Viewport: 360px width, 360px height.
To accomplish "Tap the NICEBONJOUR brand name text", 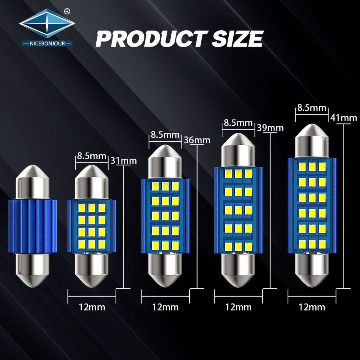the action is (x=47, y=43).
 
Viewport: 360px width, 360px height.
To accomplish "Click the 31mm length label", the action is (x=123, y=161).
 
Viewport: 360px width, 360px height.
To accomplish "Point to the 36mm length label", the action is (x=197, y=140).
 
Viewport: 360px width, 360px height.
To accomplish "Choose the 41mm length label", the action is (x=343, y=118).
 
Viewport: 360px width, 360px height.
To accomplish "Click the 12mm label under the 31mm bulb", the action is (x=92, y=307).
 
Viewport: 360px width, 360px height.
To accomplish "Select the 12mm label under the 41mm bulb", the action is (x=312, y=307).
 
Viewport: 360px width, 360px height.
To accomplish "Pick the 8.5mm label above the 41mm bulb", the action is (x=312, y=108).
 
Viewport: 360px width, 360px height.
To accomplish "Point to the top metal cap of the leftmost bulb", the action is (x=33, y=182).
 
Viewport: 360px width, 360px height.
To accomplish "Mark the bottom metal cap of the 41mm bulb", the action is (x=312, y=270).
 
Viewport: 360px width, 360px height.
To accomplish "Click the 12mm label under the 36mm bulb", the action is (x=165, y=307).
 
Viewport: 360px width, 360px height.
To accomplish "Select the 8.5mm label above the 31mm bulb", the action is (x=92, y=156).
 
